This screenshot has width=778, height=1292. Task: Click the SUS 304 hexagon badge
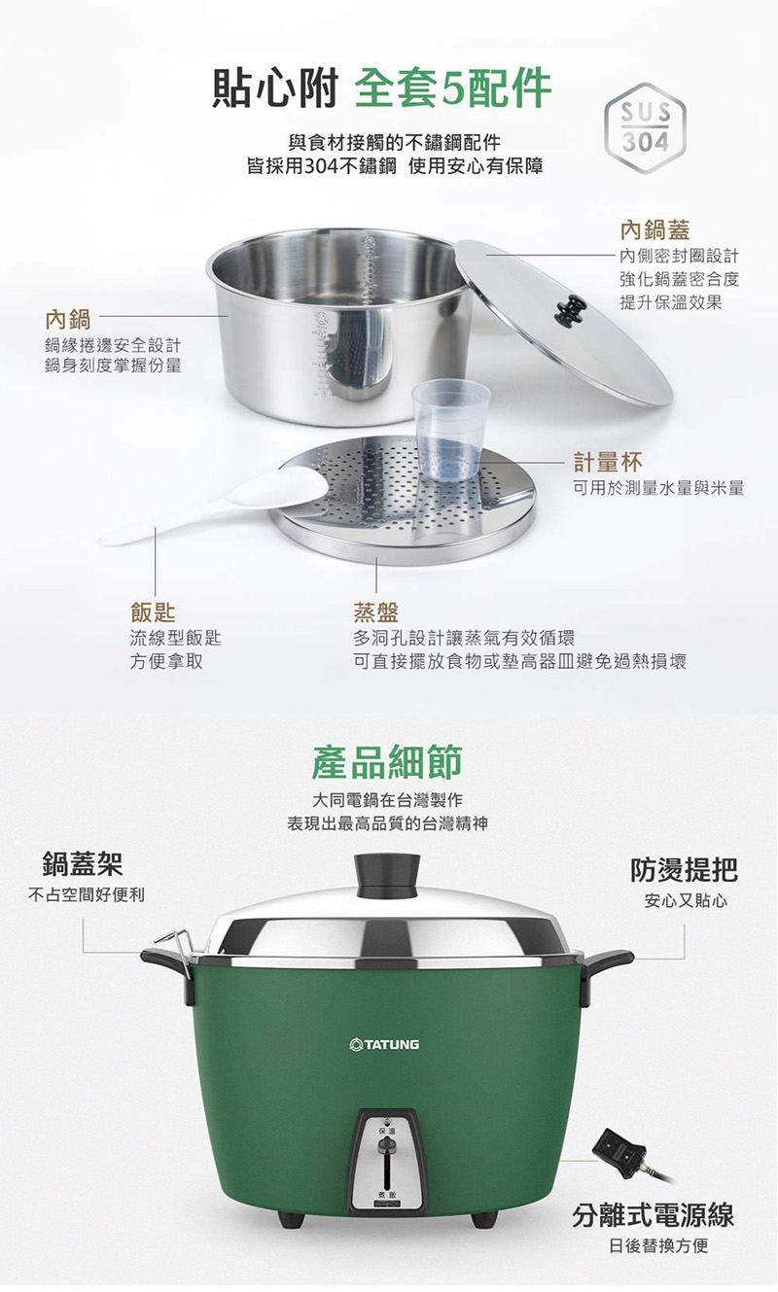(646, 129)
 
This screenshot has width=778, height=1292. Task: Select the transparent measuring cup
(451, 431)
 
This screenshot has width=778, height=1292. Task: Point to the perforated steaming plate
(403, 500)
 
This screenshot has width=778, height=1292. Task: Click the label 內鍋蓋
(655, 230)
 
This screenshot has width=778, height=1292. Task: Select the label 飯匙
(153, 611)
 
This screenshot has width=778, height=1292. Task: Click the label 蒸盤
(375, 611)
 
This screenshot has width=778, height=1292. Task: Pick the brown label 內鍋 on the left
(68, 319)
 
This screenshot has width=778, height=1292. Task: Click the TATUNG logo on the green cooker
(385, 1044)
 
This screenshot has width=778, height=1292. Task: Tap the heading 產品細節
(387, 762)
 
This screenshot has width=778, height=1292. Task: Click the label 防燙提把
(684, 870)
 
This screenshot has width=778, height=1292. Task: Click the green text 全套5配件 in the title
(453, 88)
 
